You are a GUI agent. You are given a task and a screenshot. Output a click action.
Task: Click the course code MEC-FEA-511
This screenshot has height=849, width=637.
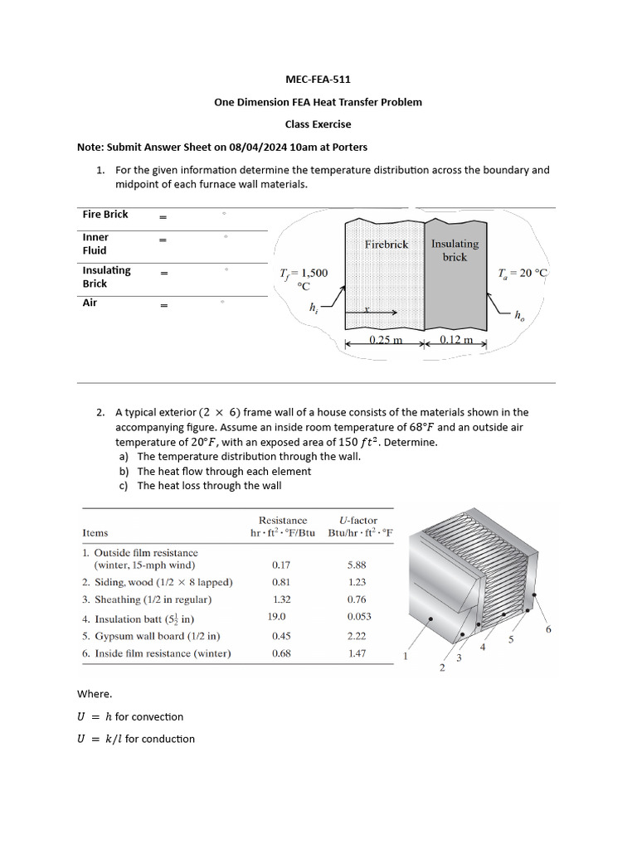coord(318,80)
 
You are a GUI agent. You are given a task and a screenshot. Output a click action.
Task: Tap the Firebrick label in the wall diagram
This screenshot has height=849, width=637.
coord(387,245)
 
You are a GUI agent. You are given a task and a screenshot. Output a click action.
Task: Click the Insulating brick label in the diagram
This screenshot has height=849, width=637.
coord(455,250)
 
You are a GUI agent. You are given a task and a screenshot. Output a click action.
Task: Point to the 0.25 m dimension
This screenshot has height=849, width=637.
coord(386,341)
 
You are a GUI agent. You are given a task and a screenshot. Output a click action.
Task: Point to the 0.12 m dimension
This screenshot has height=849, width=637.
coord(456,341)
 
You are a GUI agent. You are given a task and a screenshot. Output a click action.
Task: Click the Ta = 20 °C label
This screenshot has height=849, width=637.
coord(523,273)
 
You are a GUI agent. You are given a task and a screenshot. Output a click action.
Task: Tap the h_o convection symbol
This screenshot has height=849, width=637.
coord(519,315)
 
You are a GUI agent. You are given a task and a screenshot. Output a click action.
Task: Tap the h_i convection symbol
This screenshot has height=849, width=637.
coord(314,308)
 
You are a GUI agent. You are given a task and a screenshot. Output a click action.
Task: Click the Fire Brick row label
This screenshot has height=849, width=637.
coord(105,214)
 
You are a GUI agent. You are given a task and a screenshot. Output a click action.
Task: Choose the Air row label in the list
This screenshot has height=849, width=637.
coord(90,303)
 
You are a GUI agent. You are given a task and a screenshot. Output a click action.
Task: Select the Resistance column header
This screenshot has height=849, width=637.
coord(283,520)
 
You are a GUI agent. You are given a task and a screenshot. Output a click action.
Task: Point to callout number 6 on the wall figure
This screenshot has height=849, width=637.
coord(548,629)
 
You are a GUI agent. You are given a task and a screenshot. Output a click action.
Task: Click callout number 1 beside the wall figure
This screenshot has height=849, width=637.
coord(406,657)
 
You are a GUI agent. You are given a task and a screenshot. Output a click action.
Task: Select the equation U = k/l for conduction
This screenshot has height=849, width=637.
coord(136,739)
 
